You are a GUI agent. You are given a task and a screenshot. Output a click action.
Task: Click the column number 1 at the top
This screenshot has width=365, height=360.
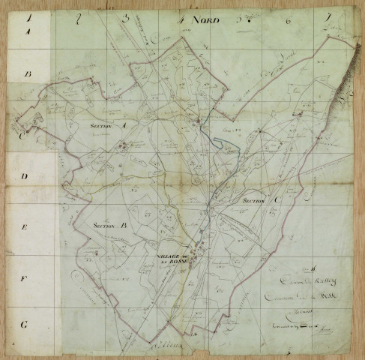[x=28, y=16]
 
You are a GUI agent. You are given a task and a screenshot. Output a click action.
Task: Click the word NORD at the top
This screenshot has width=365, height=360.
[x=205, y=20]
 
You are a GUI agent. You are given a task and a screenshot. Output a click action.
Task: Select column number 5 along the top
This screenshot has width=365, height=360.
[x=240, y=19]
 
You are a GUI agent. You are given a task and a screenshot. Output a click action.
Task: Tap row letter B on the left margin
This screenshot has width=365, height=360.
[x=28, y=75]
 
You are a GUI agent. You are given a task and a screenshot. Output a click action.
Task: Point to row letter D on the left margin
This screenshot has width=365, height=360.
[x=25, y=178]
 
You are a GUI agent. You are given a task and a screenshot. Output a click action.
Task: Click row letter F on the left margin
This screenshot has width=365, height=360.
[x=25, y=278]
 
